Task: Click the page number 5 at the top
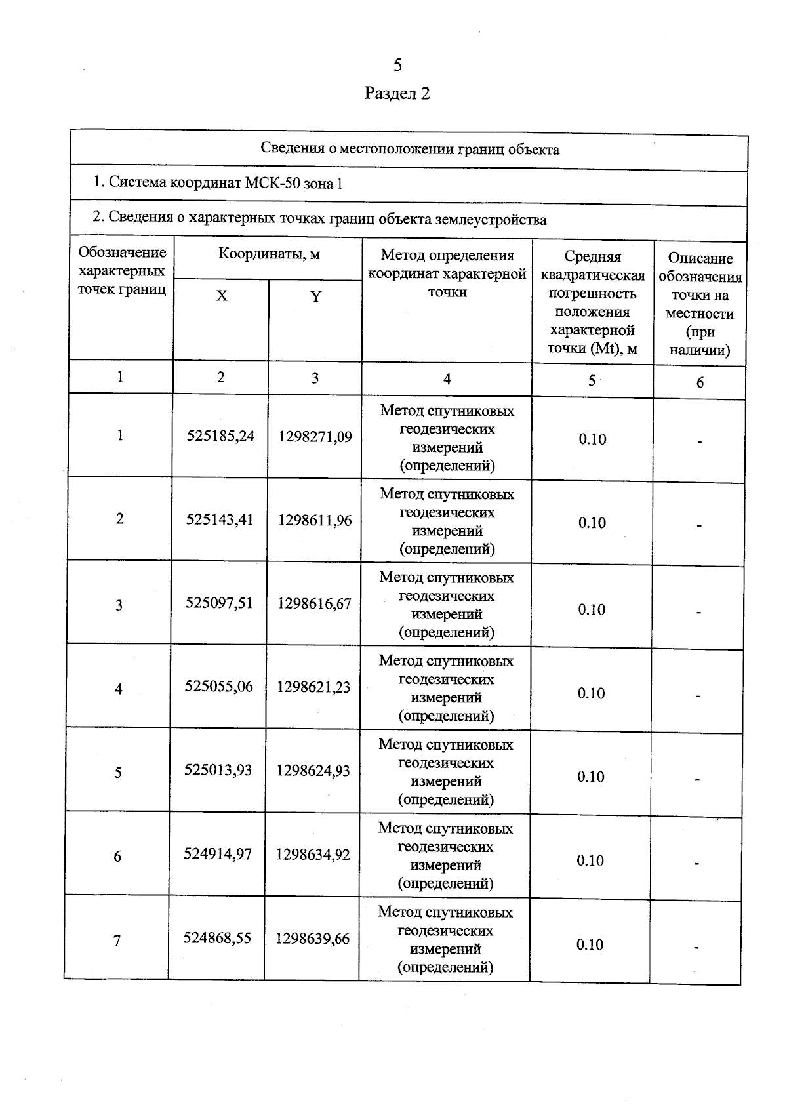tap(397, 65)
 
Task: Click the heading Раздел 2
tap(397, 93)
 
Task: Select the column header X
tap(222, 296)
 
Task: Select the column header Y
tap(315, 296)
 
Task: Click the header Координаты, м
tap(269, 254)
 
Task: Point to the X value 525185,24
tap(220, 436)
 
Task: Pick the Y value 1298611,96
tap(315, 521)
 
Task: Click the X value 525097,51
tap(219, 603)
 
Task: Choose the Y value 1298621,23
tap(313, 687)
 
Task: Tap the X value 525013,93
tap(218, 770)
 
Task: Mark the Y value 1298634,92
tap(313, 855)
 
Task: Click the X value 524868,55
tap(217, 939)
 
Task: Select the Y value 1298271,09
tap(315, 437)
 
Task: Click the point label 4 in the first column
tap(119, 689)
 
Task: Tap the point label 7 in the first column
tap(117, 941)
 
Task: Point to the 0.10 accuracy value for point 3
tap(592, 610)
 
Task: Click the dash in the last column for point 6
tap(696, 864)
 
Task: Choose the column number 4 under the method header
tap(447, 379)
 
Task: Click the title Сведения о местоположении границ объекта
tap(410, 150)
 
